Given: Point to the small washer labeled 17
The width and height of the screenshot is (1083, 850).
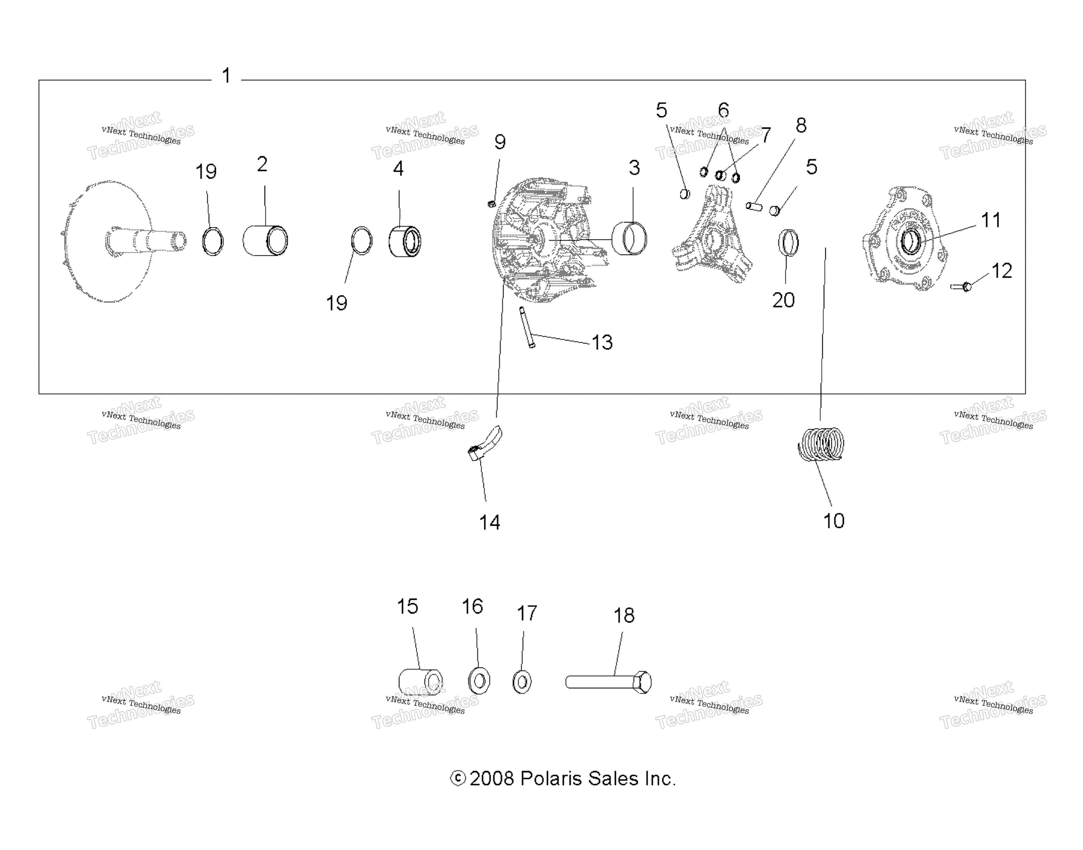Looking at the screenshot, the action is (522, 682).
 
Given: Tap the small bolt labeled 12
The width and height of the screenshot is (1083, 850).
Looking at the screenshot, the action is (961, 287).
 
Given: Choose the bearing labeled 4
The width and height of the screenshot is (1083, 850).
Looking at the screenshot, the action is (405, 241).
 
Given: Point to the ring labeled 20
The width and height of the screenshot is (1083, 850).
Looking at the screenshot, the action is (788, 243).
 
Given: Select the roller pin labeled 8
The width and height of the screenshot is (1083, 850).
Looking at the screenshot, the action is (754, 206).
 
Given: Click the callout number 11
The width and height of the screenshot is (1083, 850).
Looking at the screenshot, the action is (990, 220).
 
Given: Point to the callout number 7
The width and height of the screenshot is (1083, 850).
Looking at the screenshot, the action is (766, 135).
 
